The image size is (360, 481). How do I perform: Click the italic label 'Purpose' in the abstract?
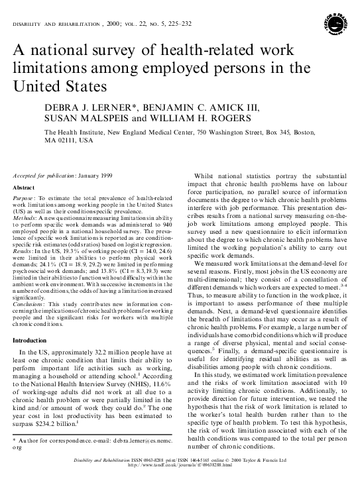click(25, 198)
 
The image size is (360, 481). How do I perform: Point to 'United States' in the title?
click(52, 87)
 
